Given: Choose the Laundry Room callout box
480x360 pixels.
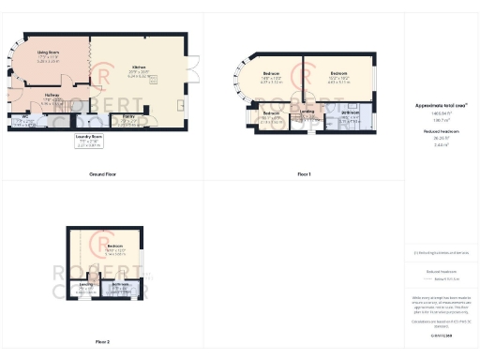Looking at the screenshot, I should tap(89, 142).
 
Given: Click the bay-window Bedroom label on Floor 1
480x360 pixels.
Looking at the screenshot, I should tap(271, 74).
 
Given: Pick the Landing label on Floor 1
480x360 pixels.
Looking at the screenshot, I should tap(307, 112).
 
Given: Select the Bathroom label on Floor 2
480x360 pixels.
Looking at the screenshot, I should tap(121, 285).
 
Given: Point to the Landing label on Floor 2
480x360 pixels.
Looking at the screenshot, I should tap(87, 285).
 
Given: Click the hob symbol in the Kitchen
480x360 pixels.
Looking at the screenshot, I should tap(154, 79).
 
